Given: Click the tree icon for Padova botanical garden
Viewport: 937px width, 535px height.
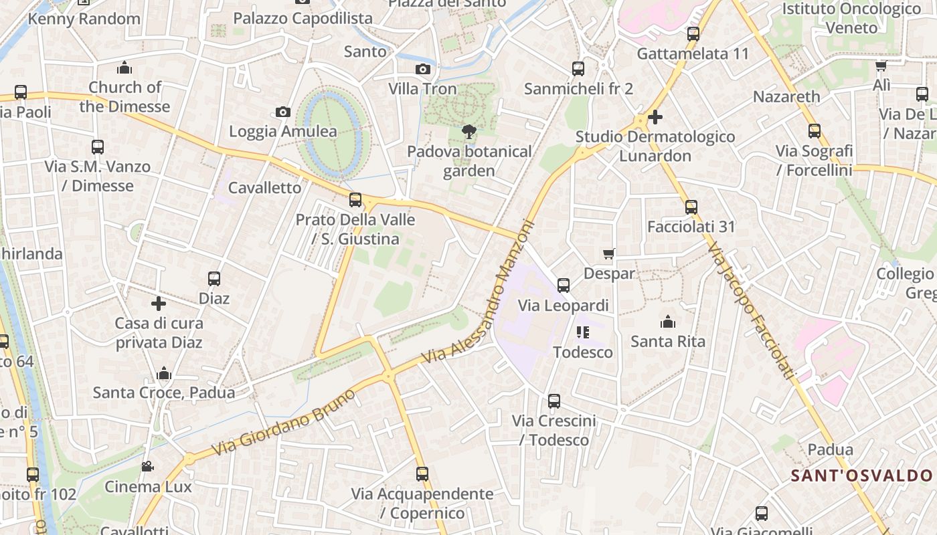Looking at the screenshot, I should click(x=468, y=132).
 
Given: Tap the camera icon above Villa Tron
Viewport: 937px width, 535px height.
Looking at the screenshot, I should click(x=422, y=69).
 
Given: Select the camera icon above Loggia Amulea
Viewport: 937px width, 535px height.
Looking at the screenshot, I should click(x=283, y=112).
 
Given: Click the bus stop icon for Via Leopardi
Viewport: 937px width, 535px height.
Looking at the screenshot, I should click(x=564, y=286).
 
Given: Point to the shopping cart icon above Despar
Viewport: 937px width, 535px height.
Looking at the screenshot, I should click(x=609, y=253).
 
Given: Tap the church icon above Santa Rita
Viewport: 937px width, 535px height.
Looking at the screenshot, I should click(x=667, y=322).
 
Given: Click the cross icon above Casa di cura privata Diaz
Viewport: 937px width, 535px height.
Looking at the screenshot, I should click(x=159, y=304).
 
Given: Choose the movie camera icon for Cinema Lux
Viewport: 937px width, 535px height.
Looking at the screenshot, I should click(x=147, y=466).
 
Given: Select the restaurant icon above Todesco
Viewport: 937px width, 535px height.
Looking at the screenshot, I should click(x=582, y=332).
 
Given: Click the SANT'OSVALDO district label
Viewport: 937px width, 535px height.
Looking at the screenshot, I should click(x=862, y=476).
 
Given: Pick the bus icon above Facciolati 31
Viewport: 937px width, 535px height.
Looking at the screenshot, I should click(x=691, y=207).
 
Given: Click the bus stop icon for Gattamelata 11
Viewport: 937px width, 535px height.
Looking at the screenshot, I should click(x=693, y=34).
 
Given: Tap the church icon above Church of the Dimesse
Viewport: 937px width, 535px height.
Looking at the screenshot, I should click(x=124, y=68).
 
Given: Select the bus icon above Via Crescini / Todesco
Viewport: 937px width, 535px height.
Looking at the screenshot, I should click(x=554, y=401).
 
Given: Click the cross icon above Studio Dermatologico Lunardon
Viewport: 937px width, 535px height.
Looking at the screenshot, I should click(x=655, y=117).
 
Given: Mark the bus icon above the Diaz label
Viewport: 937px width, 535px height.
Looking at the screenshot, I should click(x=214, y=279).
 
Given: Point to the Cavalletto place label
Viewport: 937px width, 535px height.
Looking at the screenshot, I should click(x=265, y=187).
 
